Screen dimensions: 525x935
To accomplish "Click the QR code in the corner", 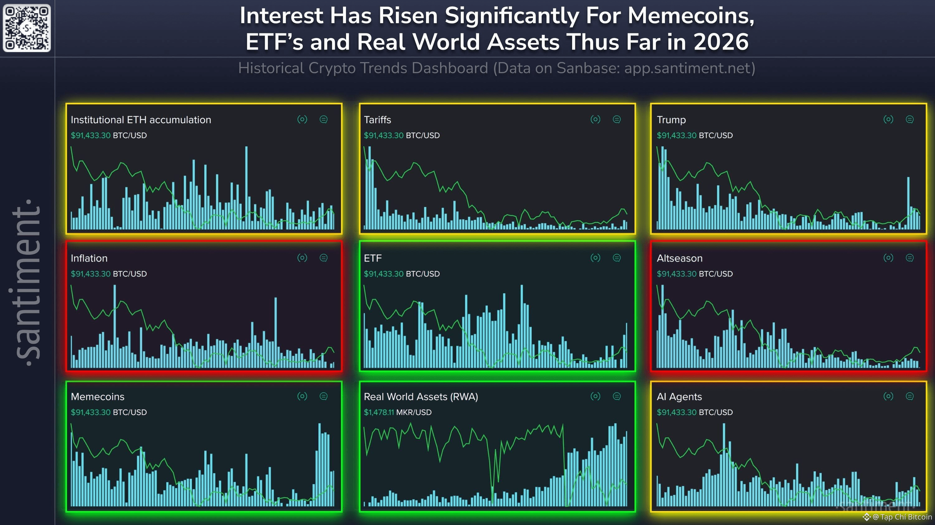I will [x=26, y=28].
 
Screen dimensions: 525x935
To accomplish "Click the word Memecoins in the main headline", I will [x=691, y=16].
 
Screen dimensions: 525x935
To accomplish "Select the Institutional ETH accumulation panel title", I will [x=141, y=120].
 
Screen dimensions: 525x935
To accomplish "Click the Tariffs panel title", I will [x=377, y=120].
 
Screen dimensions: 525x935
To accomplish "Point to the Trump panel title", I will [x=671, y=120].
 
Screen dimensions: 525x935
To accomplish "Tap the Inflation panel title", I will [x=89, y=258].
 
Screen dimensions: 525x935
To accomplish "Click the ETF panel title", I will [x=373, y=258].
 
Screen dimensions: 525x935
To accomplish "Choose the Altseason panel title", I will [x=680, y=258].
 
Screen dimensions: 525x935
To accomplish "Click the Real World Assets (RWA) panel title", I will [x=421, y=397].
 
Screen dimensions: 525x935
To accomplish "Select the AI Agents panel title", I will [x=679, y=397].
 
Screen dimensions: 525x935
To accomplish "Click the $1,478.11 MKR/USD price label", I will [x=397, y=412].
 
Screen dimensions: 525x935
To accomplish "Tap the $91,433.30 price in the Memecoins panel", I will [x=90, y=412].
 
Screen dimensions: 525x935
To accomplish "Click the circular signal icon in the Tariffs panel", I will [x=595, y=119].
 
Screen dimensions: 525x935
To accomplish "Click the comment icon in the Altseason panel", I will [x=909, y=258].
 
